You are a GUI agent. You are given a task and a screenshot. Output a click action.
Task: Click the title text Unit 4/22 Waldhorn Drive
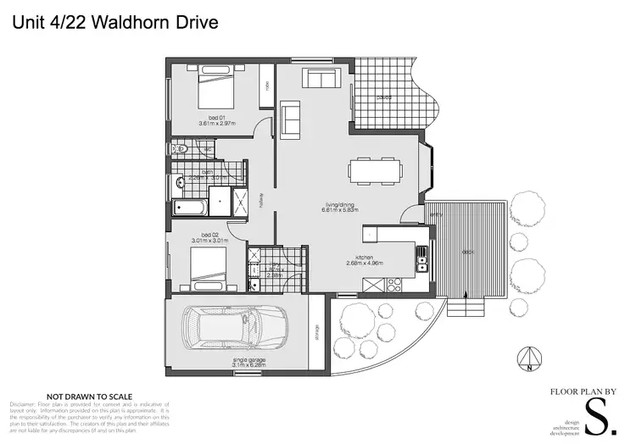tap(114, 22)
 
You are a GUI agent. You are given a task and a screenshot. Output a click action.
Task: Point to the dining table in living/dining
tap(373, 169)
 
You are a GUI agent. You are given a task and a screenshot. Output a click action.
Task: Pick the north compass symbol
tap(529, 360)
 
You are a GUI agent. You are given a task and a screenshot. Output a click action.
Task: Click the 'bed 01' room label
tap(215, 117)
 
